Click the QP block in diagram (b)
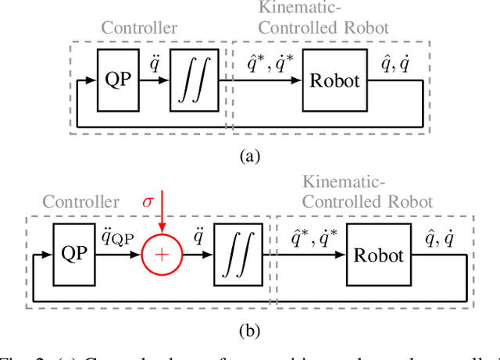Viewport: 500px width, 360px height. coord(73,255)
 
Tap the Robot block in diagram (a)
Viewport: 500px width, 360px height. coord(334,80)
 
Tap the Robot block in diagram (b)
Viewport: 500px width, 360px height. coord(379,255)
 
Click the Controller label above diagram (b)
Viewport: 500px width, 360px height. coord(80,202)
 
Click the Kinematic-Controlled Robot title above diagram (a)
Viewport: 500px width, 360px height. coord(323,19)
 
